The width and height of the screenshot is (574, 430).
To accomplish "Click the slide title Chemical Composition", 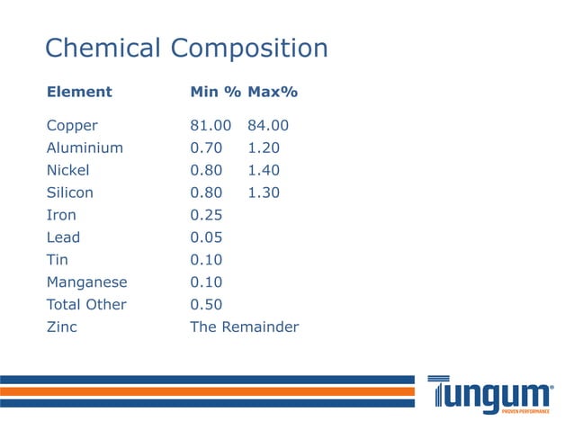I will pos(186,48).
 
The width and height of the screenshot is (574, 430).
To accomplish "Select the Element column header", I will pos(79,92).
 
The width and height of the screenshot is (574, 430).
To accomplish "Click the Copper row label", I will pos(72,126).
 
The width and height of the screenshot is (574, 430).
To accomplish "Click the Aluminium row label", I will pos(85,148).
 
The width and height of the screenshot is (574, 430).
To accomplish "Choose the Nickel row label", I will pos(68,170).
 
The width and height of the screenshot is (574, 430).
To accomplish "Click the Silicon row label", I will pos(70,193).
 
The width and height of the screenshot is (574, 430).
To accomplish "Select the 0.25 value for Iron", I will pos(206,215).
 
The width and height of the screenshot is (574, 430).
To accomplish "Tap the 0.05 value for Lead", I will pos(206,237).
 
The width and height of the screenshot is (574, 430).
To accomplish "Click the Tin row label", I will pos(56,260).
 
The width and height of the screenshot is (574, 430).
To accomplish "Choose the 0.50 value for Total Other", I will pos(206,305).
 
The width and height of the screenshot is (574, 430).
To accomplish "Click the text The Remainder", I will pos(244,327).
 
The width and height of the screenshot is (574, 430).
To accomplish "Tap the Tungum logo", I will pos(489,394).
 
